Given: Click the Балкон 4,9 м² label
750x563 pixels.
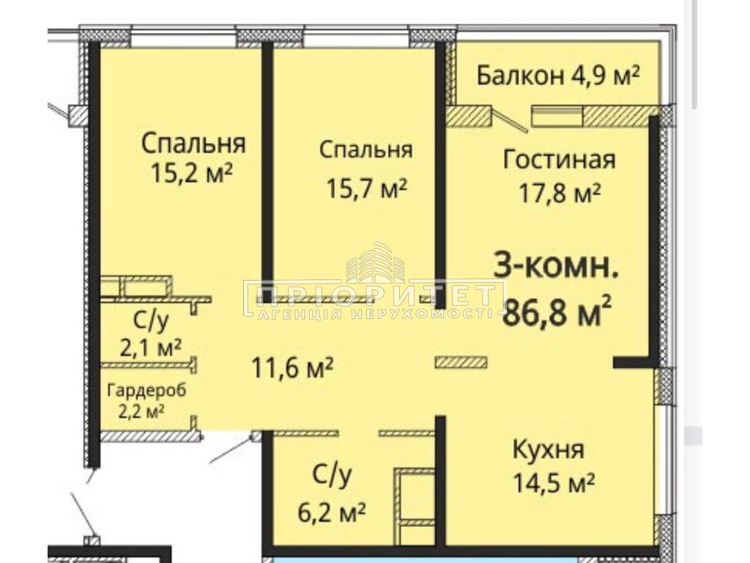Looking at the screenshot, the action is pyautogui.click(x=558, y=76).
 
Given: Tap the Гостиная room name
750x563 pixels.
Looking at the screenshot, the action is pyautogui.click(x=559, y=159).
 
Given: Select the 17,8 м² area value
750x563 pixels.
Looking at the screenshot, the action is pyautogui.click(x=560, y=194).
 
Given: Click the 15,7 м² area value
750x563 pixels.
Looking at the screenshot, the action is pyautogui.click(x=366, y=188).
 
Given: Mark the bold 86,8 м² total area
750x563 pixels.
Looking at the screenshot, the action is pyautogui.click(x=557, y=311).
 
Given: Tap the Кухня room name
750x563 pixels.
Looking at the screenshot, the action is pyautogui.click(x=548, y=451).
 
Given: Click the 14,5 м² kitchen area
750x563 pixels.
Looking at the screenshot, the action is pyautogui.click(x=554, y=483).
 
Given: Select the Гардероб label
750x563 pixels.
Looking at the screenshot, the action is pyautogui.click(x=146, y=391).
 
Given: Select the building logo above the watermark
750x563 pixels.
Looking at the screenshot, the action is pyautogui.click(x=376, y=262).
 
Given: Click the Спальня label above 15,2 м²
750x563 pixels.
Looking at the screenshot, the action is pyautogui.click(x=193, y=144).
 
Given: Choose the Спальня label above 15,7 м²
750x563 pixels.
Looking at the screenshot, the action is pyautogui.click(x=366, y=150).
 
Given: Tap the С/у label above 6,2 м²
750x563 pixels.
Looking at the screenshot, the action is pyautogui.click(x=332, y=475).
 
